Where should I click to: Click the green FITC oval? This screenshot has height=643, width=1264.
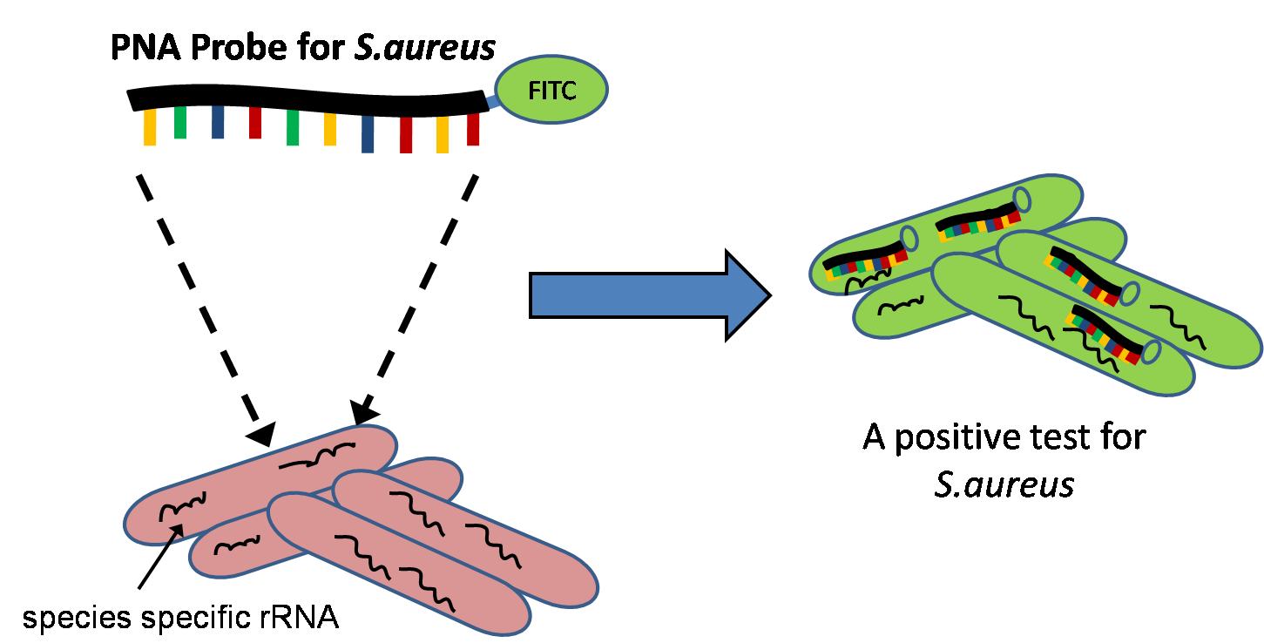551,90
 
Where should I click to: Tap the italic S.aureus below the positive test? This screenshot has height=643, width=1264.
1004,484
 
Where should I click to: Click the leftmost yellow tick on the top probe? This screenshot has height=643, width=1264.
150,127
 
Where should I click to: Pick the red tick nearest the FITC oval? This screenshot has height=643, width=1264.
473,130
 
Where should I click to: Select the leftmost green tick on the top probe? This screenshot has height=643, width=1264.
179,123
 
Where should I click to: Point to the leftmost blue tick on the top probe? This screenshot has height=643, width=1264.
218,123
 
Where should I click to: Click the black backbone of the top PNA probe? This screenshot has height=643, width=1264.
305,100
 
